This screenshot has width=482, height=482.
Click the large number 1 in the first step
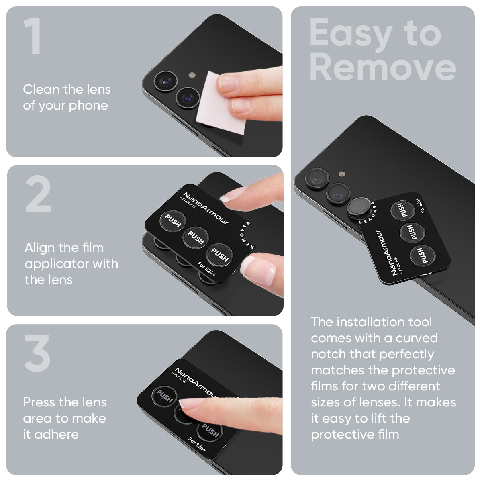tap(33, 36)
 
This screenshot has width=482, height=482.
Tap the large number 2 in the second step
tap(38, 195)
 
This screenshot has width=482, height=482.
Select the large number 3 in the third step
tap(37, 353)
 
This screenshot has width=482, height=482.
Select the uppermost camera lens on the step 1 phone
tap(165, 81)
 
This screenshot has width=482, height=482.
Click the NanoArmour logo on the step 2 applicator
tap(205, 208)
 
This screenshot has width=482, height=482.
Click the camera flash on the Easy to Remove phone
tap(342, 174)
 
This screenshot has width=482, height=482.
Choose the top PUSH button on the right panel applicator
tap(401, 210)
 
